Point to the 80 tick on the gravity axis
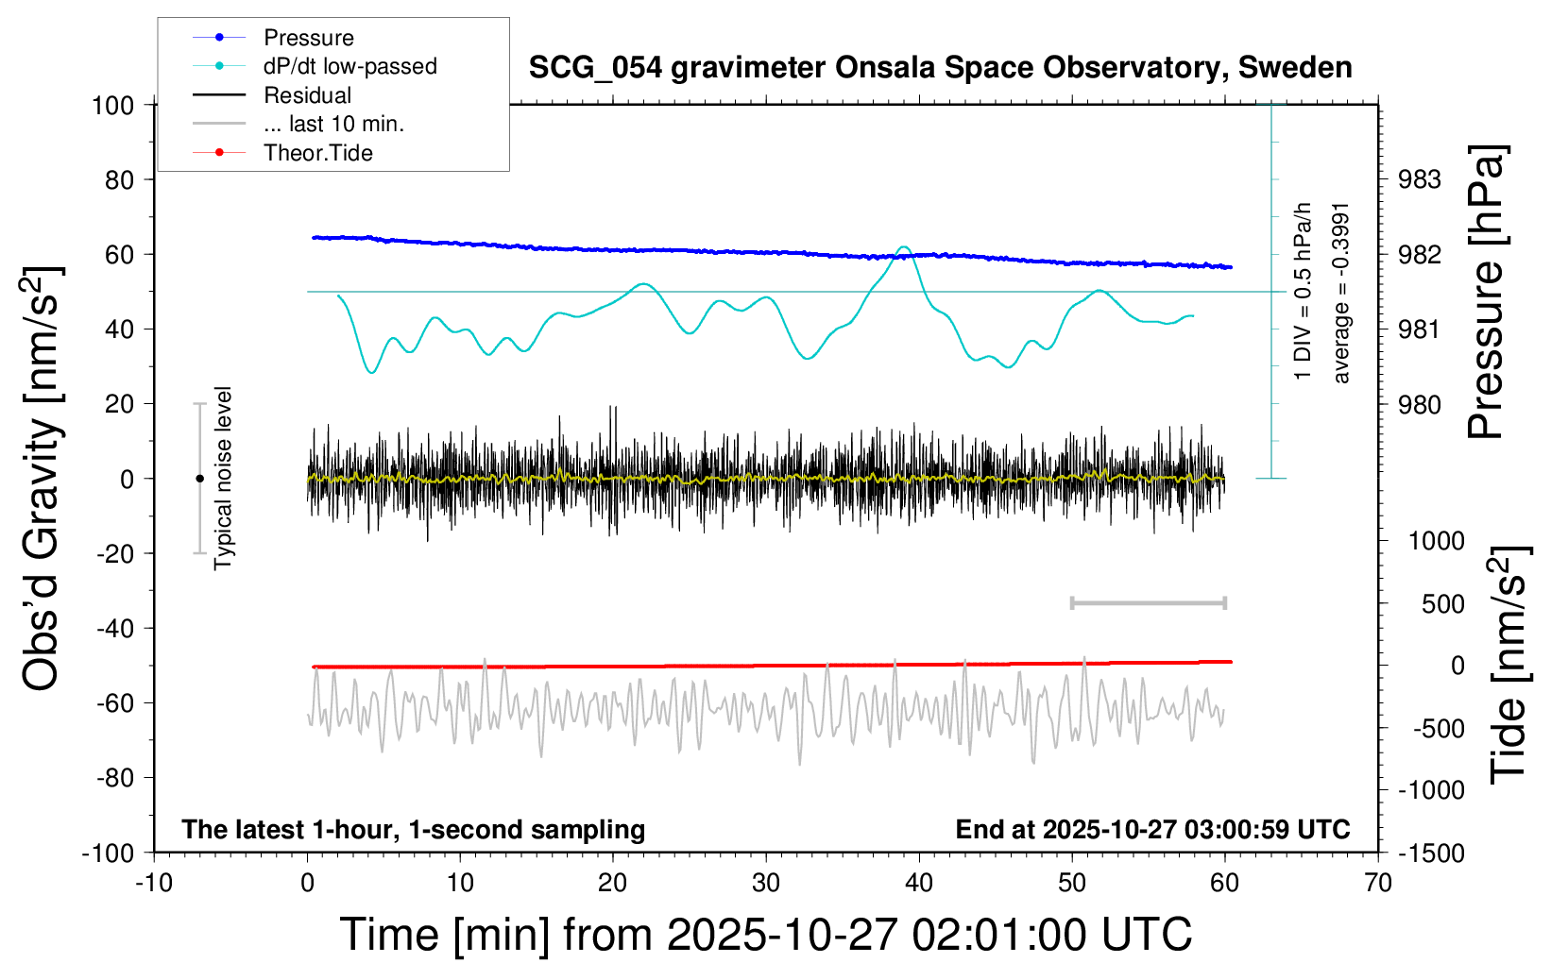(x=119, y=179)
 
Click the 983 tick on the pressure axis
(x=1420, y=179)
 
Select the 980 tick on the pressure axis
(x=1420, y=405)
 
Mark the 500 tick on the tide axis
(x=1442, y=604)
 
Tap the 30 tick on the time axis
(x=766, y=884)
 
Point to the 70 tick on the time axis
(x=1378, y=884)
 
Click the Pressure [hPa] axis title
(x=1486, y=292)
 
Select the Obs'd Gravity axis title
(x=43, y=479)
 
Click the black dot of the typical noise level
(x=199, y=479)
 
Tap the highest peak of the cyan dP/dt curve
(x=904, y=248)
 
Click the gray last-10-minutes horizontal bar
(x=1148, y=602)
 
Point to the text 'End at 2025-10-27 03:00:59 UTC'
(x=1152, y=830)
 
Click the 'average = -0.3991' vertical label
(x=1341, y=293)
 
